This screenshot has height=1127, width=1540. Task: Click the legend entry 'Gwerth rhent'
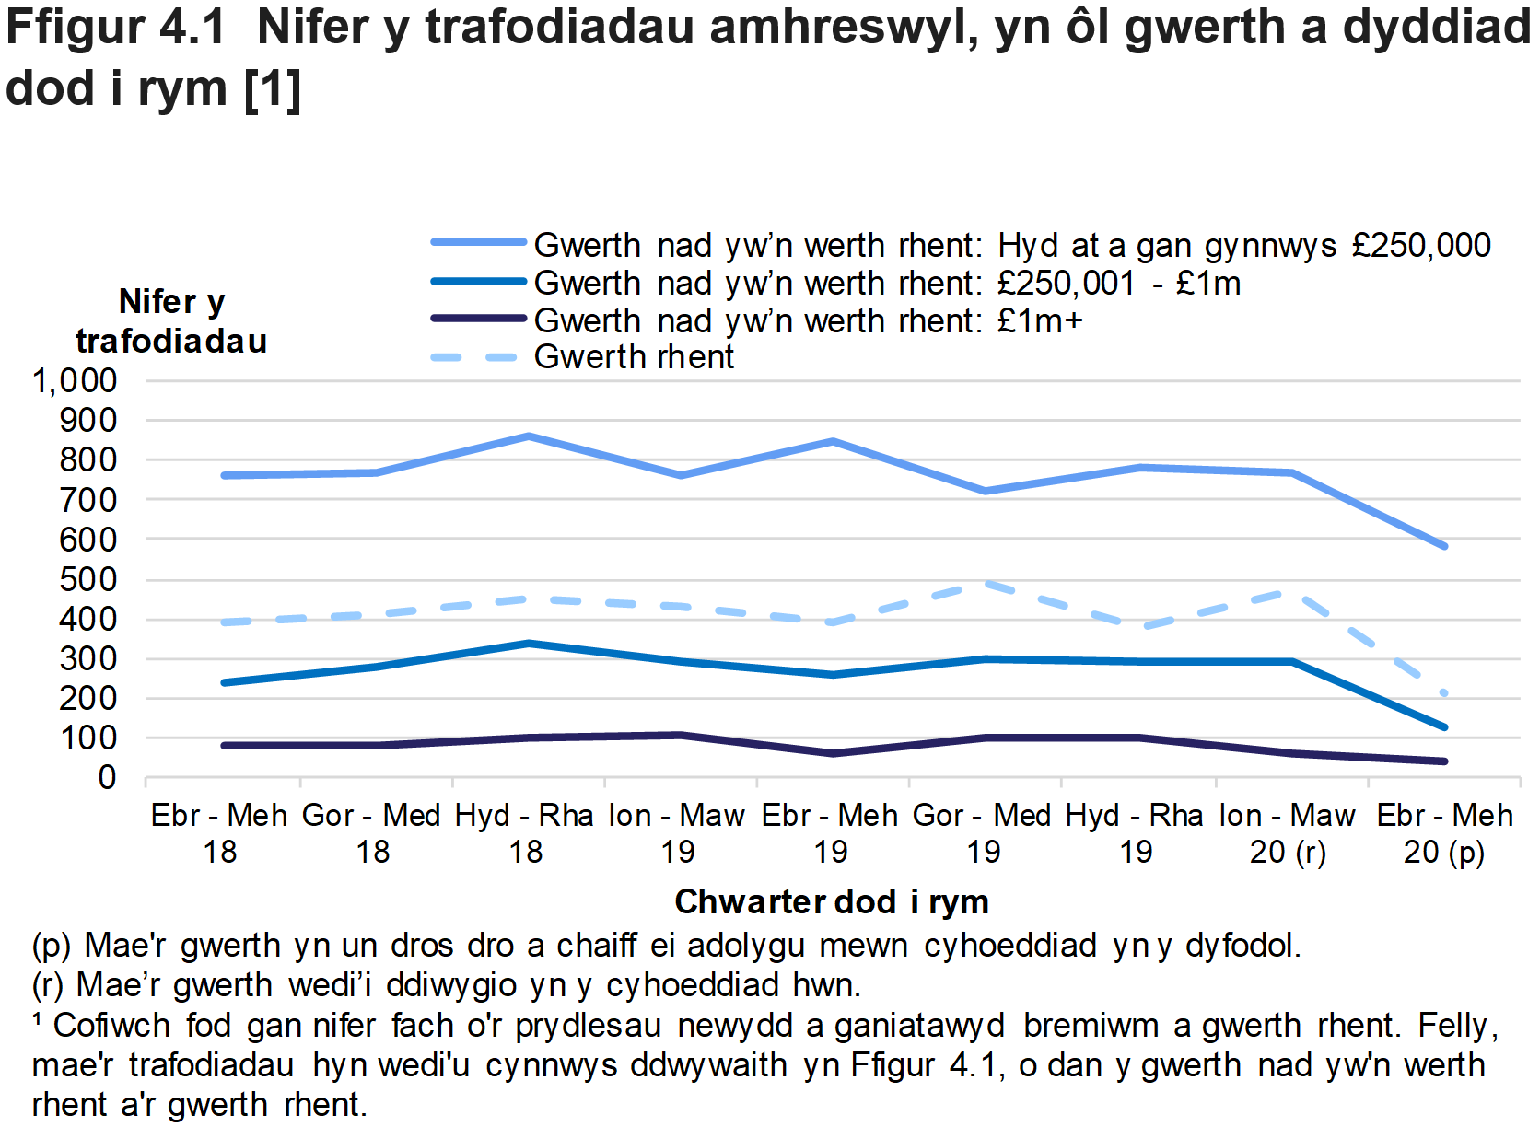coord(634,357)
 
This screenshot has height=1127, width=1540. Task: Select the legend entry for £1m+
coord(808,320)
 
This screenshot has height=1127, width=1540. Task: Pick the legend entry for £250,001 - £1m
coord(886,283)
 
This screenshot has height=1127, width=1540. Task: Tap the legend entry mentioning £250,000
coord(1011,245)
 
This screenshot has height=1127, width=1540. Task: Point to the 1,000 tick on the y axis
coord(76,380)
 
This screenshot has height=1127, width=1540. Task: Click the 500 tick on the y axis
coord(88,579)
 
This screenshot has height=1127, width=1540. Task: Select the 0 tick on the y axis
coord(107,778)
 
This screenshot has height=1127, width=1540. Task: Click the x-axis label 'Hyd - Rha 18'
coord(525,833)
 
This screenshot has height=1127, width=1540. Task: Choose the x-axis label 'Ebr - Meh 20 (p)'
coord(1443,833)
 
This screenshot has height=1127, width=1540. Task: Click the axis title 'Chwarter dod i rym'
coord(832,901)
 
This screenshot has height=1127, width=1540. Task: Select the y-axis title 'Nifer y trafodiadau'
coord(171,321)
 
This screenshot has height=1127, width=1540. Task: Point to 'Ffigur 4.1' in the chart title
coord(115,28)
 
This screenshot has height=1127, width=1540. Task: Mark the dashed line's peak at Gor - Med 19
coord(986,583)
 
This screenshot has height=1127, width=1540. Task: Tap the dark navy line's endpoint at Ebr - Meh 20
coord(1444,761)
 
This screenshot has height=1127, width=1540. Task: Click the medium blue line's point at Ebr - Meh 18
coord(224,682)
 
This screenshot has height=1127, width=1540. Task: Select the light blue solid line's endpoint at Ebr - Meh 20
coord(1444,546)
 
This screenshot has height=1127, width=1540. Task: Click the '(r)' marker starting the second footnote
coord(48,985)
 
